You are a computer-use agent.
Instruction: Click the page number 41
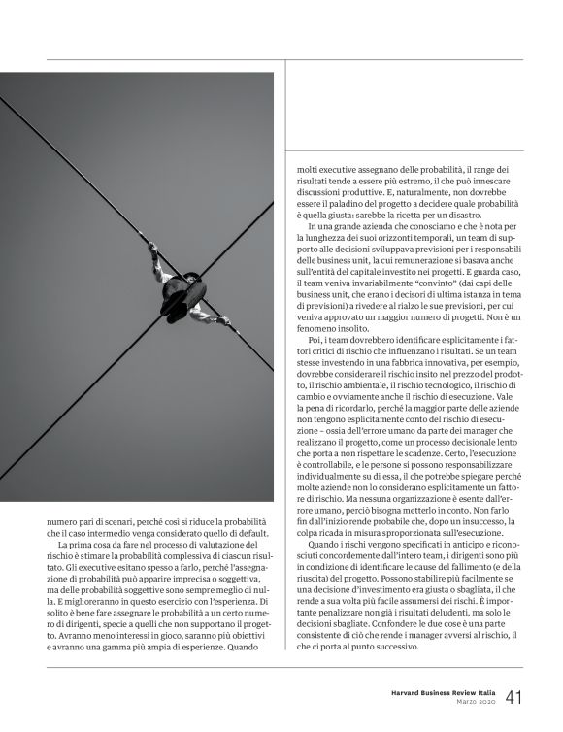pyautogui.click(x=513, y=698)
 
